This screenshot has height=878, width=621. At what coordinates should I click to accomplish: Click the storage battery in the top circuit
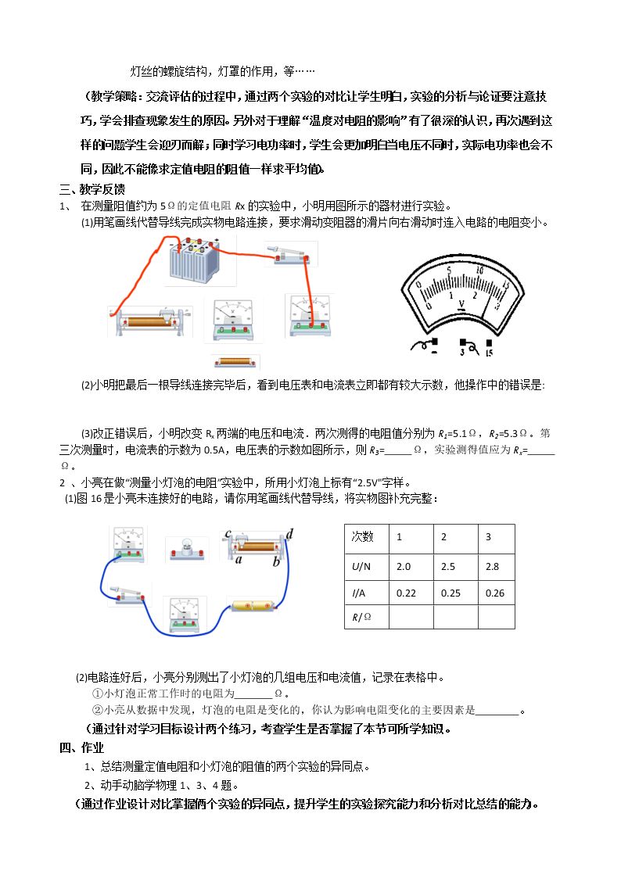[194, 260]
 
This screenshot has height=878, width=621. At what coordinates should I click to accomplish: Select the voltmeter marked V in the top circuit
[232, 320]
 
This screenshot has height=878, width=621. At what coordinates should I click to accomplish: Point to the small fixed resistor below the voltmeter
[235, 362]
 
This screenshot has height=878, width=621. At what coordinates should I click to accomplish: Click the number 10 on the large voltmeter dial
[479, 271]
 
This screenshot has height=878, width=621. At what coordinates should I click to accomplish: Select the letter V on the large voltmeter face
[461, 304]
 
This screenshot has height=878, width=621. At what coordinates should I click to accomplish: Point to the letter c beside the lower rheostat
[228, 534]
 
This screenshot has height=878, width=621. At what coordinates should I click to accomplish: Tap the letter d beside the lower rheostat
[289, 534]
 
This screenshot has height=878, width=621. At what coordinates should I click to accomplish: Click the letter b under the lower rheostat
[276, 561]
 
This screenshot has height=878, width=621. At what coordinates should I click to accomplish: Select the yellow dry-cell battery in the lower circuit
[252, 606]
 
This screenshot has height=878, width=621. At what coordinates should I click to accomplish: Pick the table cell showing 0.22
[406, 593]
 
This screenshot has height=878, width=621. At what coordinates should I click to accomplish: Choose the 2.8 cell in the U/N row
[492, 567]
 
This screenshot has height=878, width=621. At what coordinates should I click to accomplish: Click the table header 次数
[362, 536]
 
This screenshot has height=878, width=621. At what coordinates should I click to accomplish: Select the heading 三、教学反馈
[92, 189]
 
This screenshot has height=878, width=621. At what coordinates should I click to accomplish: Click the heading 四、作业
[82, 747]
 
